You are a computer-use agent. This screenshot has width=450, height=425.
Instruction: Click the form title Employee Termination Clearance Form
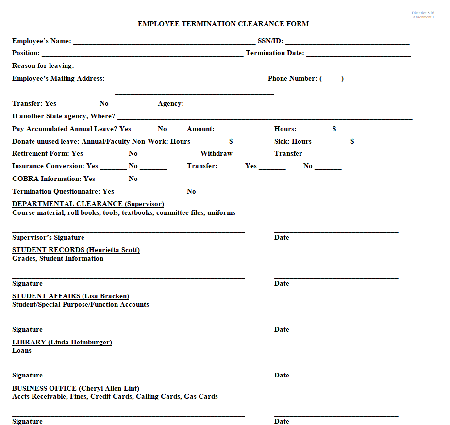(x=223, y=24)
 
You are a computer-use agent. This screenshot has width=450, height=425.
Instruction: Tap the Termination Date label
(x=275, y=53)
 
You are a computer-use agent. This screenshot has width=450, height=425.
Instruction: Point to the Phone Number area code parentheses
(x=332, y=79)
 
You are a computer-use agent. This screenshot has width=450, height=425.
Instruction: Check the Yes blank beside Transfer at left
(x=67, y=104)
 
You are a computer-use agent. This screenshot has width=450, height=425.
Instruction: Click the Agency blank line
(x=304, y=104)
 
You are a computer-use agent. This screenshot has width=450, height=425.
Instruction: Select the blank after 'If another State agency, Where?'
(x=265, y=117)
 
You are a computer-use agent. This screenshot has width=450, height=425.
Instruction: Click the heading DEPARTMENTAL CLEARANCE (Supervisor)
(x=88, y=204)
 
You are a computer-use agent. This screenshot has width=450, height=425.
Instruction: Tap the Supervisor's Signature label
(x=48, y=238)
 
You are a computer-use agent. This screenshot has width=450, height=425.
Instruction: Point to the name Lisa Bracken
(x=105, y=296)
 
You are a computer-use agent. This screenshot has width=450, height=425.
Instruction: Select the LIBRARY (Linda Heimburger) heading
(x=62, y=343)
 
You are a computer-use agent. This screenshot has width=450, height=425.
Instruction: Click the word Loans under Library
(x=22, y=351)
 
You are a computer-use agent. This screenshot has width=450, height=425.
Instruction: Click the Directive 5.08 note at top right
(x=423, y=13)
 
